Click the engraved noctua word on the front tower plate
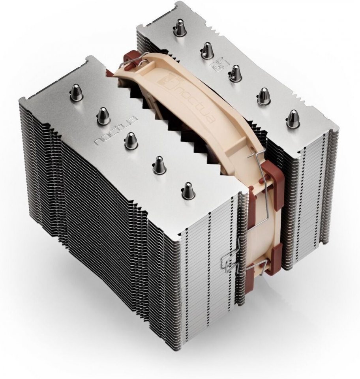pyautogui.click(x=116, y=132)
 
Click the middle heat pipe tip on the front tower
pyautogui.click(x=131, y=141)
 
